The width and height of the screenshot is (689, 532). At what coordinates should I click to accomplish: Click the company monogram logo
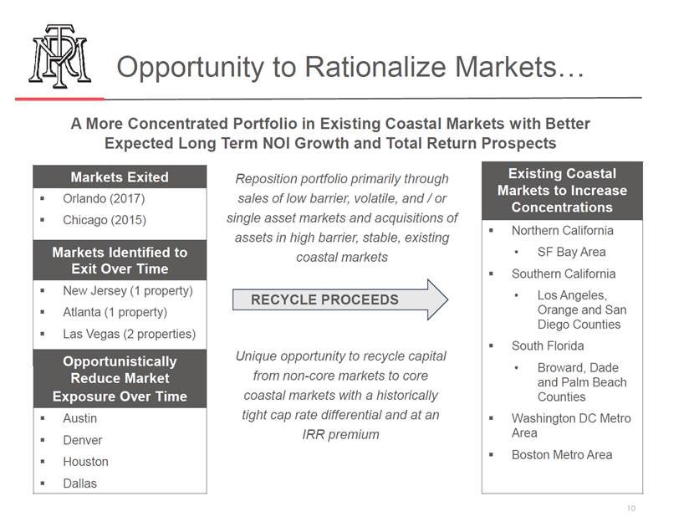point(59,56)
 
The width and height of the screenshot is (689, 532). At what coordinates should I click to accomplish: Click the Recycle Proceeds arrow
point(340,299)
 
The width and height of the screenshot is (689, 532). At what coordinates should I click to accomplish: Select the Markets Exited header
point(120,176)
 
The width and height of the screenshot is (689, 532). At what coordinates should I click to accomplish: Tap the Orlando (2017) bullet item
point(104,199)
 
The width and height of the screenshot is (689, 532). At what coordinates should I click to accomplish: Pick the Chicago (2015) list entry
point(105,220)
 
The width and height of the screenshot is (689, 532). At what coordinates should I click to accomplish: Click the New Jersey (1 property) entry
point(128,290)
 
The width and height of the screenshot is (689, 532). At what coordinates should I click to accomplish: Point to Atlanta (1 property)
point(115,312)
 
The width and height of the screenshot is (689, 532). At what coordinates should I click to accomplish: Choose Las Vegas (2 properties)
point(129,334)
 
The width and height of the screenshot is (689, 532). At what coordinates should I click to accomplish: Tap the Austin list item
point(80,418)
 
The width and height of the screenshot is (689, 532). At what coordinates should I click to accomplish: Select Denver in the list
point(83,440)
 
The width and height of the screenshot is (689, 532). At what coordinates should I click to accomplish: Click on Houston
point(85,462)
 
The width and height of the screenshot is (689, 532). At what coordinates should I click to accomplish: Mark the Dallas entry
point(80,483)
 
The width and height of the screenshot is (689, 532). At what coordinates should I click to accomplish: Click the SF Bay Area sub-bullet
point(571,252)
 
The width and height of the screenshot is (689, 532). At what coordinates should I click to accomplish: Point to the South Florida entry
point(548,346)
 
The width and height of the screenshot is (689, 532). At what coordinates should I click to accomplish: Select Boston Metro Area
point(562,454)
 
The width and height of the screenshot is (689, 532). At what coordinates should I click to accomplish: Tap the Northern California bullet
point(563,230)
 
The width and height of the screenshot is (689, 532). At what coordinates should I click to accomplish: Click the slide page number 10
point(631,509)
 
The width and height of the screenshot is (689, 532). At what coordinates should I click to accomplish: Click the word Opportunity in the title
point(191,68)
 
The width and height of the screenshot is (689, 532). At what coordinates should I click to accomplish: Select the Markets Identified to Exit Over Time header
point(120,260)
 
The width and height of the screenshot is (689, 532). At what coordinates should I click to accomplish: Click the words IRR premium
point(340,434)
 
